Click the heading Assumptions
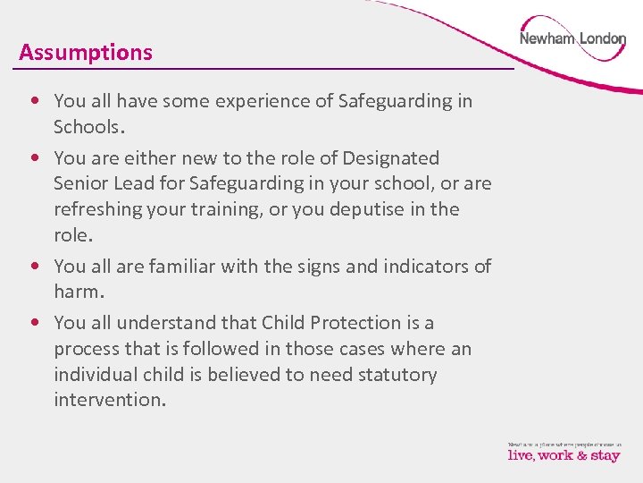(86, 53)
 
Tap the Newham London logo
(572, 39)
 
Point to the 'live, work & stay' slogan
(564, 454)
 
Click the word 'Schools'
(88, 127)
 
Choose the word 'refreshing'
(102, 209)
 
